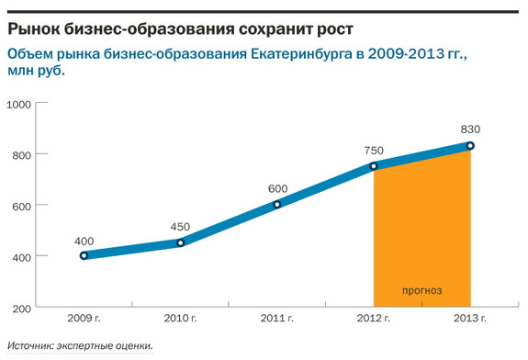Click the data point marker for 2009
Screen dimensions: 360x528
(84, 255)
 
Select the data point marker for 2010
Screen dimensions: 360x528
(180, 242)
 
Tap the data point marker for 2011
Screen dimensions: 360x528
(277, 204)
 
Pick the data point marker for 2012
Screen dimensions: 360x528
(374, 166)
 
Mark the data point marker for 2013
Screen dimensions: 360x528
(470, 145)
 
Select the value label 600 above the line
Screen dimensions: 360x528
(277, 188)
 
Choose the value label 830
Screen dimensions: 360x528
(470, 129)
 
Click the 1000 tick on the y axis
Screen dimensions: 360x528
(19, 104)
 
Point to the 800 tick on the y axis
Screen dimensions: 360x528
(22, 154)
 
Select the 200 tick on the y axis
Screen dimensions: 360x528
(22, 307)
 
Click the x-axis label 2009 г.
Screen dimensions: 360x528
(84, 319)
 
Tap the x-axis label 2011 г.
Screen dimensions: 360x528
(277, 319)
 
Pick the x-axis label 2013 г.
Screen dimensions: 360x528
(470, 319)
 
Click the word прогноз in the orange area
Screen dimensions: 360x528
(422, 291)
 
